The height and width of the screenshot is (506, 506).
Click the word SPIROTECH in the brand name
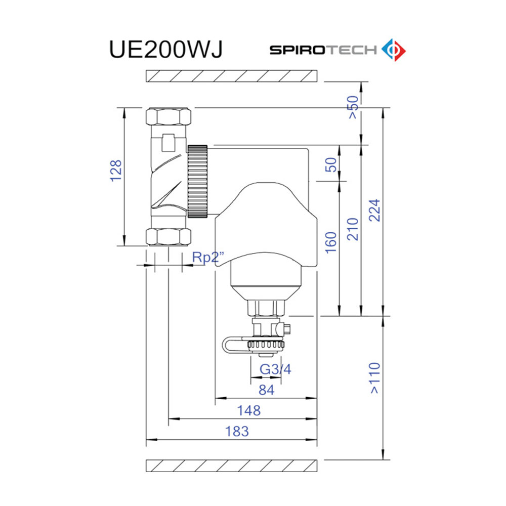323,50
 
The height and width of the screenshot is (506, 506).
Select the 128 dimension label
116,171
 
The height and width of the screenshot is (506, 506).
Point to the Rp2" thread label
208,257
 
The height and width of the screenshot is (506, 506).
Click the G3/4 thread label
276,369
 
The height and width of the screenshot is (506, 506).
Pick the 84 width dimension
266,390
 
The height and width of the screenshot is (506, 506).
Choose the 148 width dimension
249,410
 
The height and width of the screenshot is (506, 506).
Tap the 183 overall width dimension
237,431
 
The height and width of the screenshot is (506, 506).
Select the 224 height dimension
374,210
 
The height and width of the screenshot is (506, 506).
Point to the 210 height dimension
353,229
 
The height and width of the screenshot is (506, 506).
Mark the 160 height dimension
331,243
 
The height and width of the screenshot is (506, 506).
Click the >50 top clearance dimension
353,107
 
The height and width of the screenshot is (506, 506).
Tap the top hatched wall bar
232,76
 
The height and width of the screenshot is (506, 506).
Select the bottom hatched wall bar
232,465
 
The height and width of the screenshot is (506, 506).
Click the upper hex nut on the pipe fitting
168,117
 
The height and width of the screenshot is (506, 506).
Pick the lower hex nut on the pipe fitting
168,236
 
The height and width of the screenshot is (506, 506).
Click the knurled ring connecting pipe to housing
197,181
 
